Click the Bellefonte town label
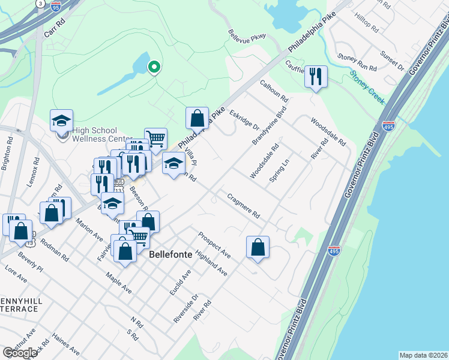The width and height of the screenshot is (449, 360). pyautogui.click(x=170, y=254)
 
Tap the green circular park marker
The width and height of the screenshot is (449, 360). pyautogui.click(x=154, y=67)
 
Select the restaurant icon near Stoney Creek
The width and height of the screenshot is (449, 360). pyautogui.click(x=316, y=77)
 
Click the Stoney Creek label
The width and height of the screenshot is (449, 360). pyautogui.click(x=367, y=87)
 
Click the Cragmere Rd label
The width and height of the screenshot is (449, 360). pyautogui.click(x=243, y=205)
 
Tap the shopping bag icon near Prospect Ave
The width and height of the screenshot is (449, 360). pyautogui.click(x=258, y=247)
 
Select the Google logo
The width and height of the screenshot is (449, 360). pyautogui.click(x=20, y=353)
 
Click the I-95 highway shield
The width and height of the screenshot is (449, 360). pyautogui.click(x=56, y=7)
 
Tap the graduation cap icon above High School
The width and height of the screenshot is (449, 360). pyautogui.click(x=61, y=121)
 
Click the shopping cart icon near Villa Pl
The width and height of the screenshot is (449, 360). pyautogui.click(x=155, y=139)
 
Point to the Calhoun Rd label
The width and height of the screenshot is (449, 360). pyautogui.click(x=274, y=91)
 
